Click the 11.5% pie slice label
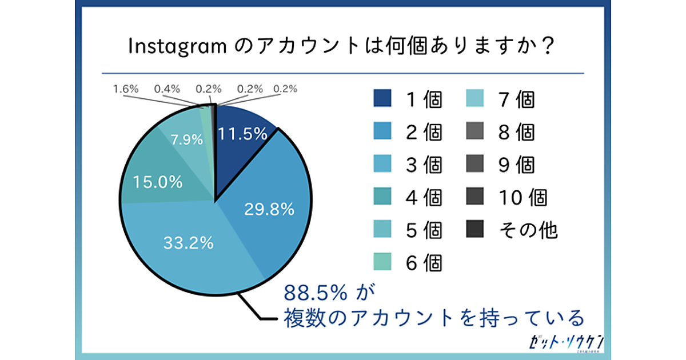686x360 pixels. [x=243, y=134]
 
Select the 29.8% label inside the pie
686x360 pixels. [x=269, y=210]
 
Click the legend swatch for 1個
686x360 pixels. [x=382, y=99]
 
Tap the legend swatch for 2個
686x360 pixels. [x=382, y=132]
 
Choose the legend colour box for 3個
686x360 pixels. [x=382, y=165]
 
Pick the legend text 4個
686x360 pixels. [x=424, y=197]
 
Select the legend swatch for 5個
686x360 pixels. [x=382, y=230]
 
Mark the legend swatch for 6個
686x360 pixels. [x=382, y=262]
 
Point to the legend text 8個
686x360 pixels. [x=516, y=132]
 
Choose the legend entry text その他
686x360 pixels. [x=529, y=230]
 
